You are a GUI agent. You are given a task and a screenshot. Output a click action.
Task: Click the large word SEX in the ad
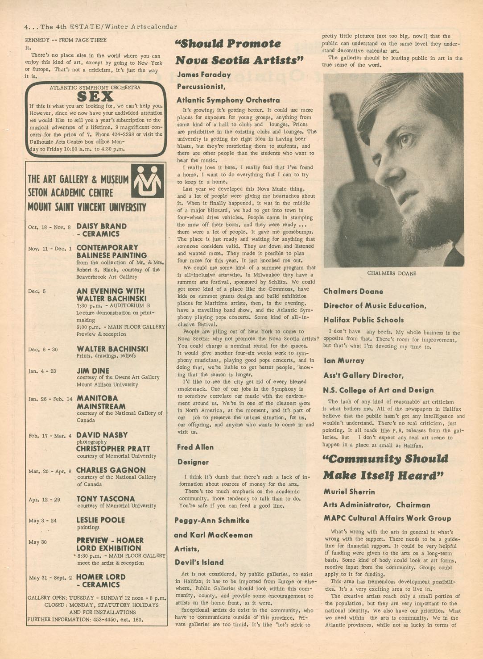pos(95,96)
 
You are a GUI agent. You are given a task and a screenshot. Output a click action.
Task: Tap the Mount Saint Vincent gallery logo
pos(147,181)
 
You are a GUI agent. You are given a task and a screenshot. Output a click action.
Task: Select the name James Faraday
pos(204,75)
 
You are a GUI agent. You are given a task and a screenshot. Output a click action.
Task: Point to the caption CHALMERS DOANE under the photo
pos(392,273)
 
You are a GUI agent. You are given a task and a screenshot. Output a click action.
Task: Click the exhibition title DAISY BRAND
pos(101,226)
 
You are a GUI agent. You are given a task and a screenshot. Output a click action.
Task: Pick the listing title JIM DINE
pos(93,371)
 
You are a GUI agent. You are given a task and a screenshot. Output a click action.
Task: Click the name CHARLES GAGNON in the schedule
pos(111,470)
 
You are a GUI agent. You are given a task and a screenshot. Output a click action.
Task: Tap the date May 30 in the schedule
pos(37,542)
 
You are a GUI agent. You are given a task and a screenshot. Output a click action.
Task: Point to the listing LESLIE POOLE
pos(101,520)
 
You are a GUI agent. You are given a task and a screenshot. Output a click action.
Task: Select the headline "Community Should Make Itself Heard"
pos(385,467)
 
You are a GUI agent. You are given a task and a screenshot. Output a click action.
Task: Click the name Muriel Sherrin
pos(349,492)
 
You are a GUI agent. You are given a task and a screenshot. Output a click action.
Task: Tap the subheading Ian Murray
pos(344,360)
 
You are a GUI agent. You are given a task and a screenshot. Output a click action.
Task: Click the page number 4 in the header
pos(27,27)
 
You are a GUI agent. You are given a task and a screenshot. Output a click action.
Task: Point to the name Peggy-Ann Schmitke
pos(212,520)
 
